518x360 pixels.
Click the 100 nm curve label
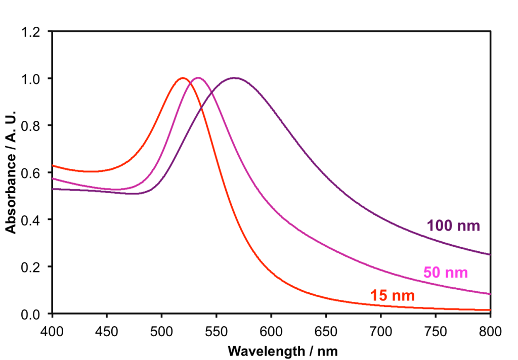tap(453, 226)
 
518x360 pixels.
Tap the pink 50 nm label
tap(445, 273)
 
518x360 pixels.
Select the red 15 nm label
tap(393, 296)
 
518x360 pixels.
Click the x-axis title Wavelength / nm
tap(282, 350)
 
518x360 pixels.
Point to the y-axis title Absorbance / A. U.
tap(10, 171)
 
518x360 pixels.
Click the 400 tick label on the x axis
tap(53, 332)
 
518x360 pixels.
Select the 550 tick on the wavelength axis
tap(217, 332)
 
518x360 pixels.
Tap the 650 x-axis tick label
tap(326, 332)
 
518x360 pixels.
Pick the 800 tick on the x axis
tap(490, 332)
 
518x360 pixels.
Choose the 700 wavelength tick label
tap(380, 332)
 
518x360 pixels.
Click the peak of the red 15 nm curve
tap(183, 78)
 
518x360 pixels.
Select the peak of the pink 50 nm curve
tap(198, 78)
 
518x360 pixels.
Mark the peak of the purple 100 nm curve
tap(235, 78)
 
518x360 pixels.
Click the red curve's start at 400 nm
tap(53, 165)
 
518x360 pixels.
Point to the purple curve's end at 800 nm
tap(490, 254)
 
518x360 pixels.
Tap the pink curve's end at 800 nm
tap(490, 294)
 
